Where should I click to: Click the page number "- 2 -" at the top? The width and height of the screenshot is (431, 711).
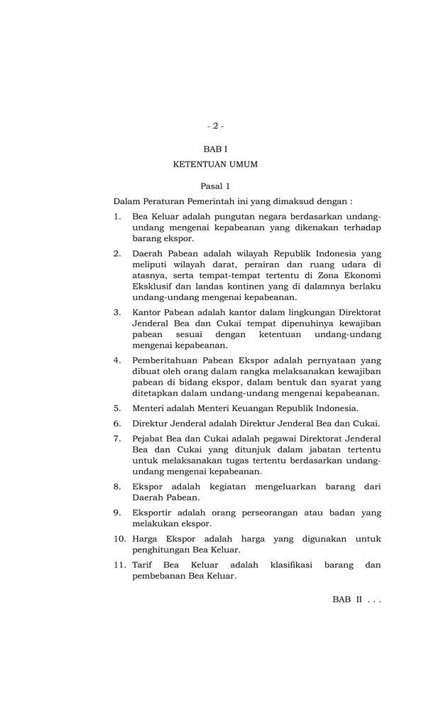tap(215, 126)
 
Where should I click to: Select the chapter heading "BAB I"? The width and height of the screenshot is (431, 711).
tap(215, 150)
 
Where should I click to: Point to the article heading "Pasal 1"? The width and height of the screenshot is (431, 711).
tap(215, 186)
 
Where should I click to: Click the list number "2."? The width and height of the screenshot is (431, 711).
tap(117, 253)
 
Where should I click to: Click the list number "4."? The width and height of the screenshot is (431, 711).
tap(117, 360)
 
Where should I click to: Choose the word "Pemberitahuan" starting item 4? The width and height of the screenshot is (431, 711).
tap(165, 360)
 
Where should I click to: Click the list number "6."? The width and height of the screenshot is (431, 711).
tap(117, 423)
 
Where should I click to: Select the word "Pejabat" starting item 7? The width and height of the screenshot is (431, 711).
tap(149, 437)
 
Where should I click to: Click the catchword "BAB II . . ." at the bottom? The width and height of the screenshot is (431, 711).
tap(356, 599)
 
